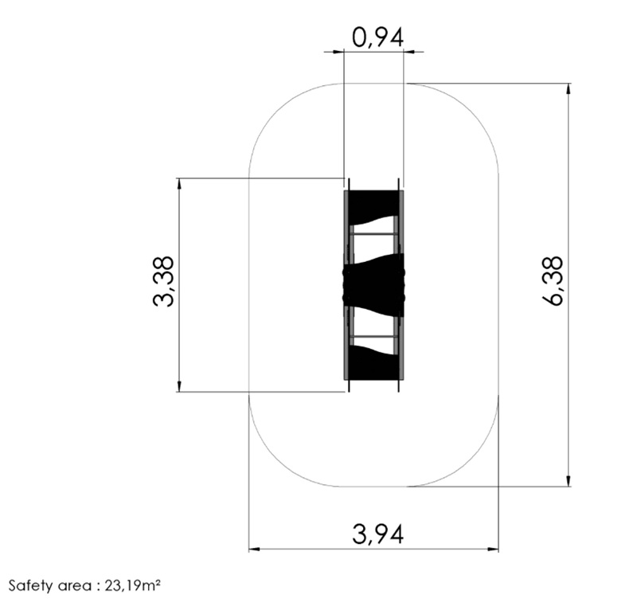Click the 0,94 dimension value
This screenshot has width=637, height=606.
pyautogui.click(x=377, y=38)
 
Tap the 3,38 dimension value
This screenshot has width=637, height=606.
pyautogui.click(x=164, y=281)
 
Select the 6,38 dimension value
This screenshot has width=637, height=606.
pyautogui.click(x=553, y=280)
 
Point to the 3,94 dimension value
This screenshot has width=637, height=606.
pyautogui.click(x=377, y=534)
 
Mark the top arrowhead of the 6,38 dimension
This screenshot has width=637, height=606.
pyautogui.click(x=569, y=89)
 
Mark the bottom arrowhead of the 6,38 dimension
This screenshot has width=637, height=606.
pyautogui.click(x=569, y=480)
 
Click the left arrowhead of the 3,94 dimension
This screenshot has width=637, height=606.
pyautogui.click(x=254, y=549)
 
